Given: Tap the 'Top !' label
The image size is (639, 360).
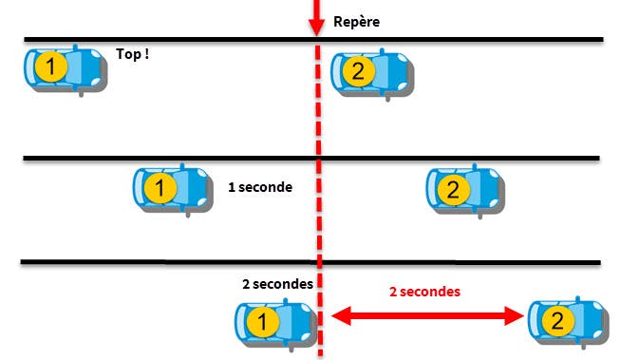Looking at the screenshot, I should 133,54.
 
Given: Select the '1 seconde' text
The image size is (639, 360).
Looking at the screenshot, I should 260,187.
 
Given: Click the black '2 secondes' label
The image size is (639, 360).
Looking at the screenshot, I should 278,283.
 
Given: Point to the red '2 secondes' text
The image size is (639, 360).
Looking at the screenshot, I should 424,292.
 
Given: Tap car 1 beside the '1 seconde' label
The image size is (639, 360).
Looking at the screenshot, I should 174,190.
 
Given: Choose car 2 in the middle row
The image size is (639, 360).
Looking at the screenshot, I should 465,190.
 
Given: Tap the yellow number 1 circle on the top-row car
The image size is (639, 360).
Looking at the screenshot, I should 51,66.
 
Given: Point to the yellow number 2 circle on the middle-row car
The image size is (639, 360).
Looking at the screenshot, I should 453,190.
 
